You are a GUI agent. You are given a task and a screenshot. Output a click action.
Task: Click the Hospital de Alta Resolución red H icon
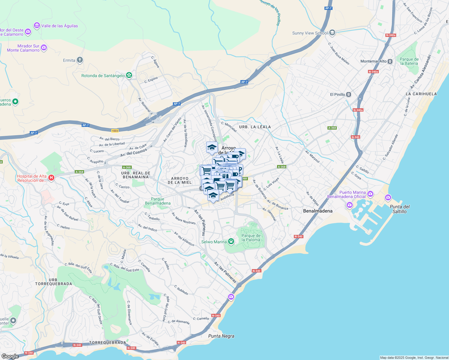(51, 178)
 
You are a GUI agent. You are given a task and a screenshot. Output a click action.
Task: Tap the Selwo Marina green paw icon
(231, 241)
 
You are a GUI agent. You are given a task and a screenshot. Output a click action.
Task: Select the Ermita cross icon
(80, 60)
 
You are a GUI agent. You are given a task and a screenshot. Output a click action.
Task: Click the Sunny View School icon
(332, 33)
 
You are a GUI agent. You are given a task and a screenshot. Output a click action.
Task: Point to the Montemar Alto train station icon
(390, 61)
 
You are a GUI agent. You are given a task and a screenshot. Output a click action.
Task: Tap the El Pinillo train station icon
(348, 94)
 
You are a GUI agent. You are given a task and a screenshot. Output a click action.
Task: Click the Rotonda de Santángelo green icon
(129, 75)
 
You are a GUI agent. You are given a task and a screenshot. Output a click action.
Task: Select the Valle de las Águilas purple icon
(37, 25)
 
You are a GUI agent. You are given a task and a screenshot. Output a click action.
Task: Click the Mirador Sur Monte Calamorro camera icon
(44, 48)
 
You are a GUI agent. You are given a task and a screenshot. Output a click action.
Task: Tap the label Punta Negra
(221, 336)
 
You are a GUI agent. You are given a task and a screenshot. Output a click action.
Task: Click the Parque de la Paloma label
(251, 238)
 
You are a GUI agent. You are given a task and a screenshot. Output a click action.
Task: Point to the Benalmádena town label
(318, 211)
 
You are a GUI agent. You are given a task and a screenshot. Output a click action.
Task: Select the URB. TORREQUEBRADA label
(54, 282)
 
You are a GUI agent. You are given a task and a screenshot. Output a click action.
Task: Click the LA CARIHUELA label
(421, 94)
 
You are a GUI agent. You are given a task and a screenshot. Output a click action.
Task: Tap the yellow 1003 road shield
(115, 131)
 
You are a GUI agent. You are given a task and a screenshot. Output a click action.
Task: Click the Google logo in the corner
(10, 356)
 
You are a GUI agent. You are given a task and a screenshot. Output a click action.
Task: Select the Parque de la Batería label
(409, 61)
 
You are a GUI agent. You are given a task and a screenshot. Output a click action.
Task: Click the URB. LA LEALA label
(255, 127)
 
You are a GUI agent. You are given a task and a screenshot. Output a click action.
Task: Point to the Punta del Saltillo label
(399, 209)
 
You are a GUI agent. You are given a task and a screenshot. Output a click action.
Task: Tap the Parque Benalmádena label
(158, 201)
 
